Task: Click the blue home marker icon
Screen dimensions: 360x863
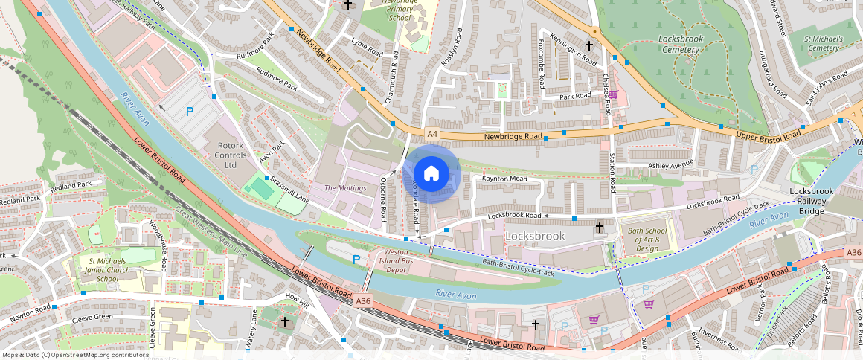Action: (x=431, y=174)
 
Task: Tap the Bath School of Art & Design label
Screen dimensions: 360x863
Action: (x=644, y=240)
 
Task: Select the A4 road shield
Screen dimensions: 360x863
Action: (x=432, y=134)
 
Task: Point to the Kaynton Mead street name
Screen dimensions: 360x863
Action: (x=504, y=179)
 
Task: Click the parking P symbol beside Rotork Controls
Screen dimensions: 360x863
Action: (x=190, y=112)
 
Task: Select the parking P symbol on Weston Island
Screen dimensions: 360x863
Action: (x=356, y=259)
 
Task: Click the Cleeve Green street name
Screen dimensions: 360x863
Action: (x=92, y=318)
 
